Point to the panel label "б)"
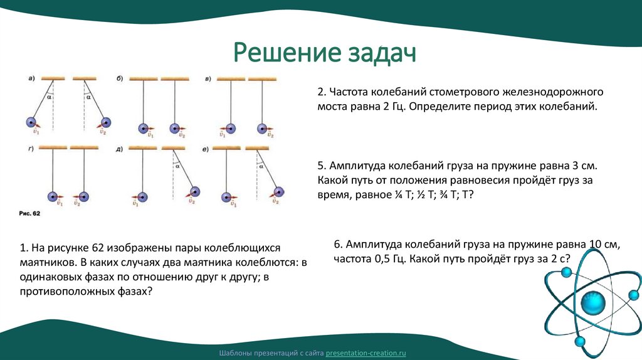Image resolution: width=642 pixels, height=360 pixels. (x=119, y=78)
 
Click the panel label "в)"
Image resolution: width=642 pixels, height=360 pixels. (x=208, y=78)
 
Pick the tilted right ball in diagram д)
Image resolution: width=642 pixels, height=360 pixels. (x=196, y=191)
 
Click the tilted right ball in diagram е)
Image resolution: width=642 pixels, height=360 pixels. (x=277, y=191)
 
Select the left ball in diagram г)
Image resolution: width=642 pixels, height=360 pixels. (x=55, y=196)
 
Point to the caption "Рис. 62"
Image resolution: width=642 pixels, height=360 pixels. (x=29, y=214)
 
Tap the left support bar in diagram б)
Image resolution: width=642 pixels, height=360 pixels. (x=144, y=79)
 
